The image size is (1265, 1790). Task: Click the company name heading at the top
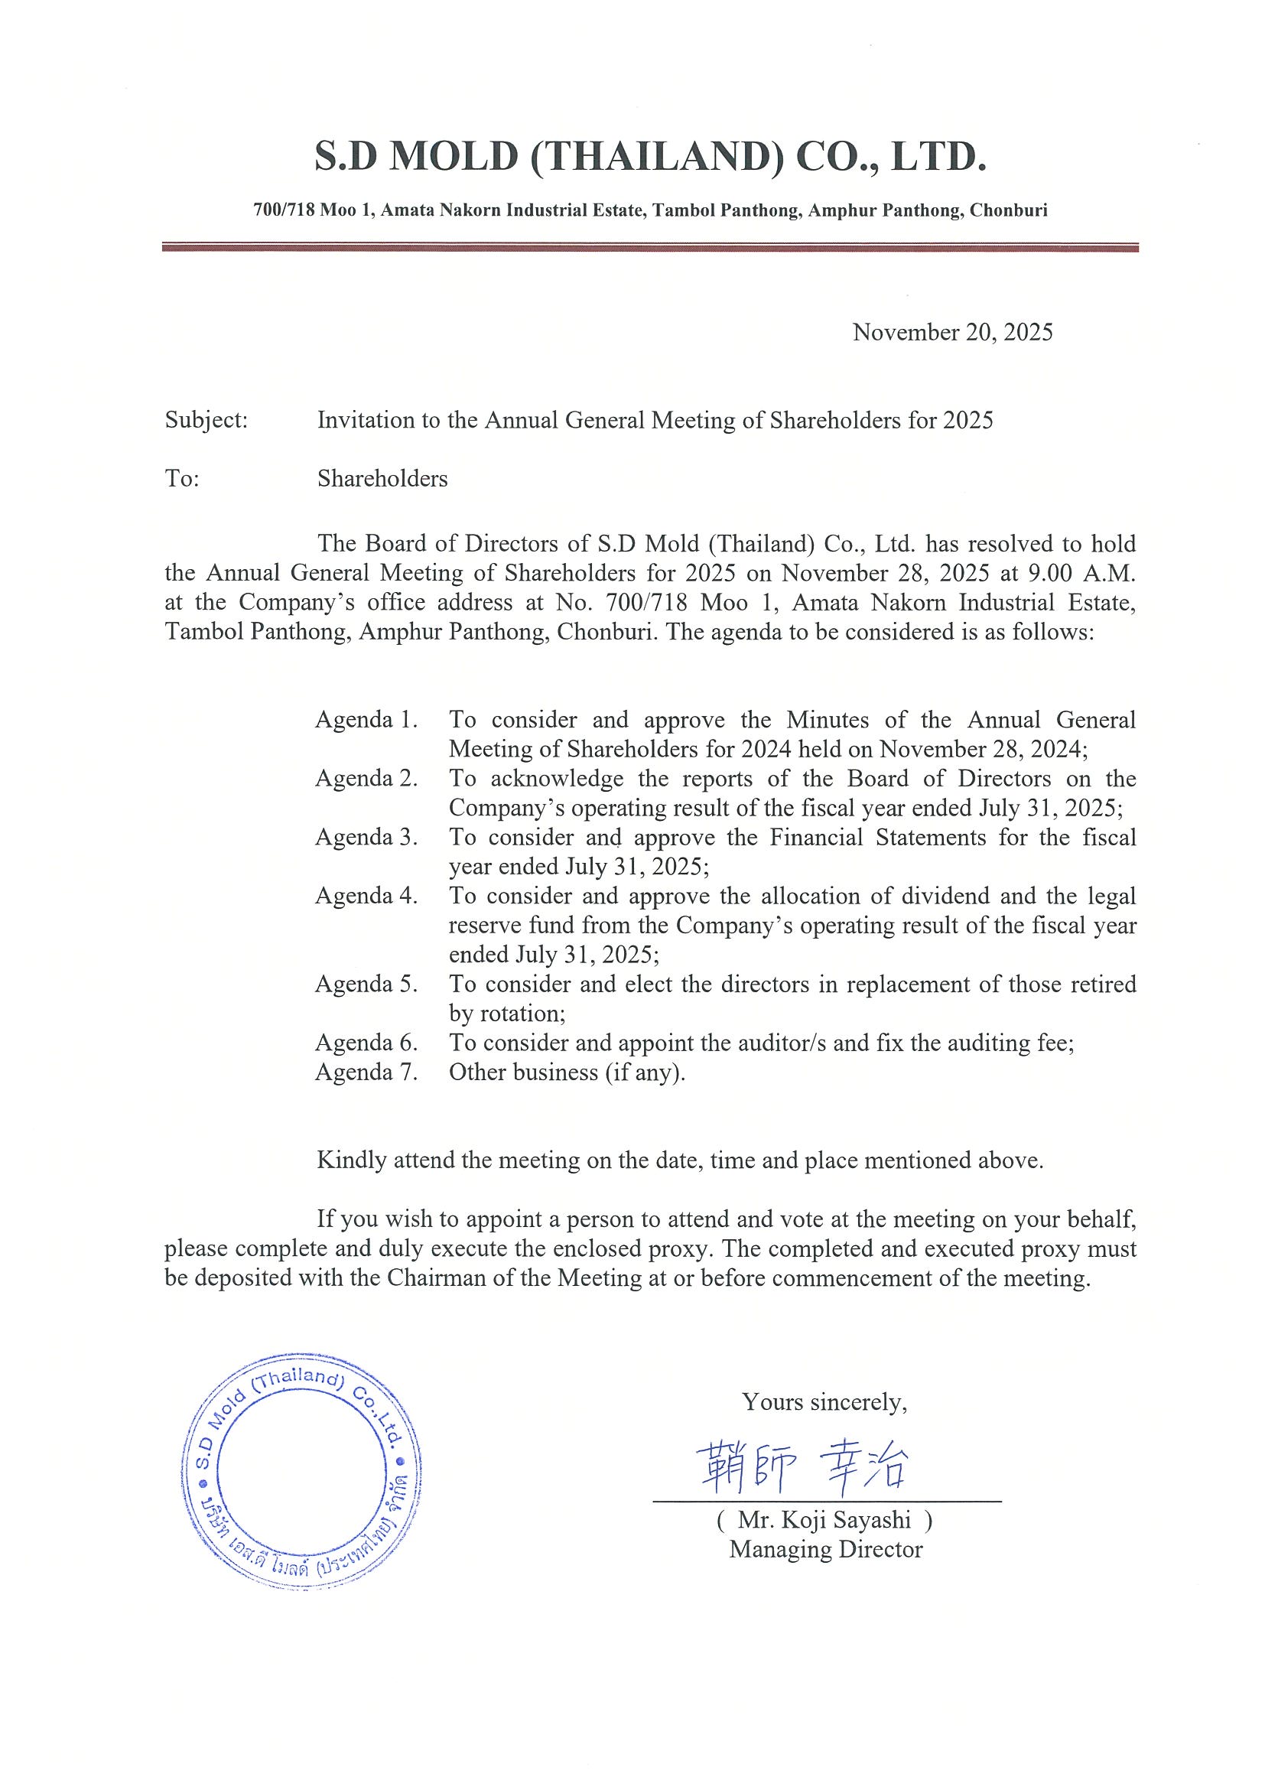coord(650,157)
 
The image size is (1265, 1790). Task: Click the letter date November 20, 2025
coord(952,333)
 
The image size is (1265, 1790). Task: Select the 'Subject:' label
coord(206,421)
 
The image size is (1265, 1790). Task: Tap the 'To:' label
coord(182,479)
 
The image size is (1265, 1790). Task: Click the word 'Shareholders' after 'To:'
coord(382,479)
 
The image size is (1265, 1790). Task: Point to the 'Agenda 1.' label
coord(366,720)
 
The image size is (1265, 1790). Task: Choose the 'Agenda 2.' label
coord(366,779)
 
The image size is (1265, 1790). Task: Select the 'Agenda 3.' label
coord(366,838)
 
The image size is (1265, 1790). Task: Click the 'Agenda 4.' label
coord(366,897)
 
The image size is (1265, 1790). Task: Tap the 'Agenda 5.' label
coord(366,984)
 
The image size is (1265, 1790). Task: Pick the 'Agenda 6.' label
coord(366,1043)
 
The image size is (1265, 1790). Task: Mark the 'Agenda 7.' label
coord(366,1072)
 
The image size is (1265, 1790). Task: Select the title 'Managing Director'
coord(825,1550)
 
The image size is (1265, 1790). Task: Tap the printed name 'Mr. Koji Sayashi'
coord(824,1520)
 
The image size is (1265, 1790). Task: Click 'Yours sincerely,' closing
coord(824,1402)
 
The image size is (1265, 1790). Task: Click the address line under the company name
coord(650,210)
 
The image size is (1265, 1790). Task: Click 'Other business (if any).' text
coord(567,1072)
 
